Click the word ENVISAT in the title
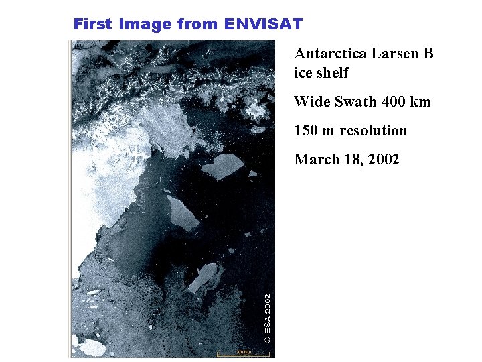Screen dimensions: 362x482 [x=264, y=25]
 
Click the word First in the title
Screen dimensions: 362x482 [x=93, y=25]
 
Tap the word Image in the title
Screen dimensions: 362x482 [x=145, y=25]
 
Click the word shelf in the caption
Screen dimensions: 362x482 [x=333, y=72]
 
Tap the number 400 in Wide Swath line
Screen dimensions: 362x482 [x=395, y=102]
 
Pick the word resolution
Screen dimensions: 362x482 [x=373, y=131]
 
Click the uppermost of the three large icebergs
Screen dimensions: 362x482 [x=224, y=166]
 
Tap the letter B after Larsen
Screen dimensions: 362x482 [x=428, y=54]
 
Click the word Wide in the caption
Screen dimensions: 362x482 [x=311, y=102]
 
